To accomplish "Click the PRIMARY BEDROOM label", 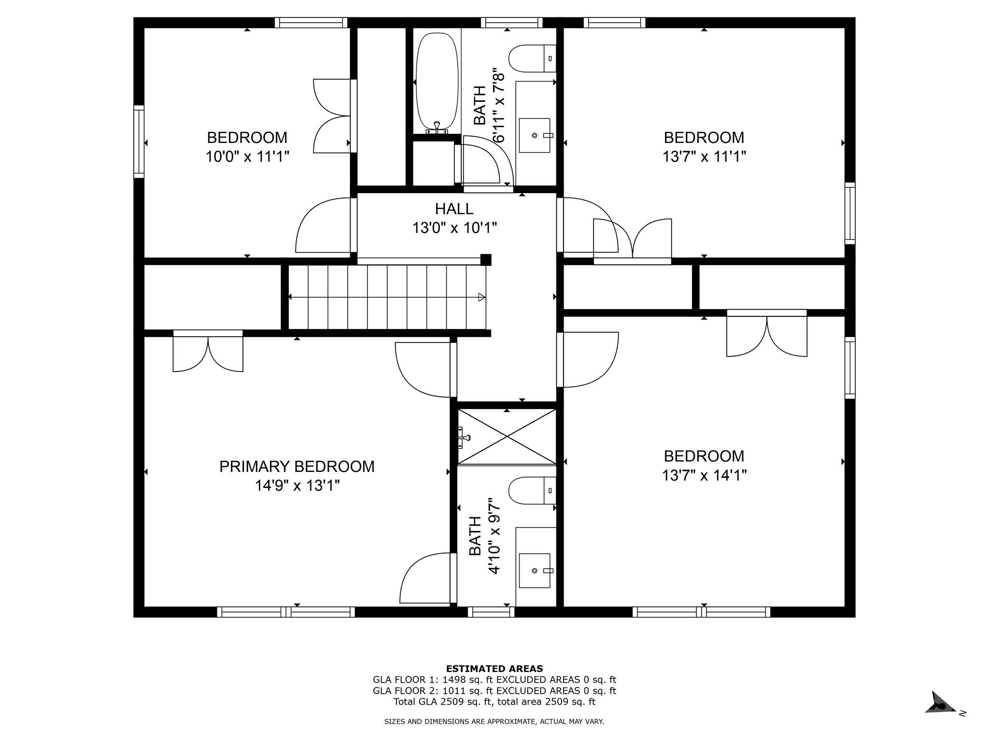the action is click(297, 467).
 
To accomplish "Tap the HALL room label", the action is click(454, 209).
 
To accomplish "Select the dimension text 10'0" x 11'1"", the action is click(247, 157).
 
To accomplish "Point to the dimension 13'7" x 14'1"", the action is click(704, 475).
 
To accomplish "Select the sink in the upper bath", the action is click(535, 135).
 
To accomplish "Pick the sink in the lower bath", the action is click(535, 571).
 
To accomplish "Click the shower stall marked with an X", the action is click(507, 437).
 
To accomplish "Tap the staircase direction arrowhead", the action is click(481, 297).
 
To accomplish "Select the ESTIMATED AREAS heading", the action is click(494, 669).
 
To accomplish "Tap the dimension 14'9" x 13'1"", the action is click(297, 485).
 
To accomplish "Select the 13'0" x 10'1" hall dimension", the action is click(454, 228).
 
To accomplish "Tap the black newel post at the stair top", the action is click(486, 260).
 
